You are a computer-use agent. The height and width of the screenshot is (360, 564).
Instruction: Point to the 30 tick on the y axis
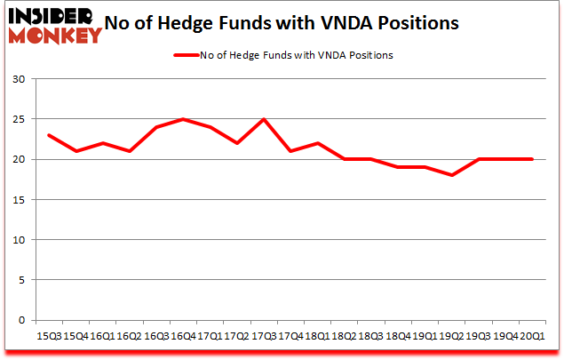coord(18,79)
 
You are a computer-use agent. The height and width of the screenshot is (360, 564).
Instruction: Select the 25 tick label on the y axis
coord(18,119)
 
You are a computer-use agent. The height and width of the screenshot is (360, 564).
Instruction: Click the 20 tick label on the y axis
coord(18,159)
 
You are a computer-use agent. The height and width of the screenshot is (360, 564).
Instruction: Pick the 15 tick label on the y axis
coord(18,200)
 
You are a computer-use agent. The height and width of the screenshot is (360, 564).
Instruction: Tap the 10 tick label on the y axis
coord(18,240)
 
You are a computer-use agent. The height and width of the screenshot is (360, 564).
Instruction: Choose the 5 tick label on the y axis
coord(20,280)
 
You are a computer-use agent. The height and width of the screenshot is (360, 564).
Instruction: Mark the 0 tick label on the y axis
coord(20,320)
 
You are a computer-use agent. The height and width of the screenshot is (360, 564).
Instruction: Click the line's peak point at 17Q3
coord(264,119)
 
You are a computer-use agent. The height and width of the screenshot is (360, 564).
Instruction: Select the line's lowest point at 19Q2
coord(451,175)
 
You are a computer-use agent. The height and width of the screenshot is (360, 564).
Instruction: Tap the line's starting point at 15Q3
coord(49,135)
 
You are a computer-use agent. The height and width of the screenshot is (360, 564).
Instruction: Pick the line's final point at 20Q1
coord(532,159)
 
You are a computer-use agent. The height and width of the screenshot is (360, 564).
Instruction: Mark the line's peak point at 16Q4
coord(183,119)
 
